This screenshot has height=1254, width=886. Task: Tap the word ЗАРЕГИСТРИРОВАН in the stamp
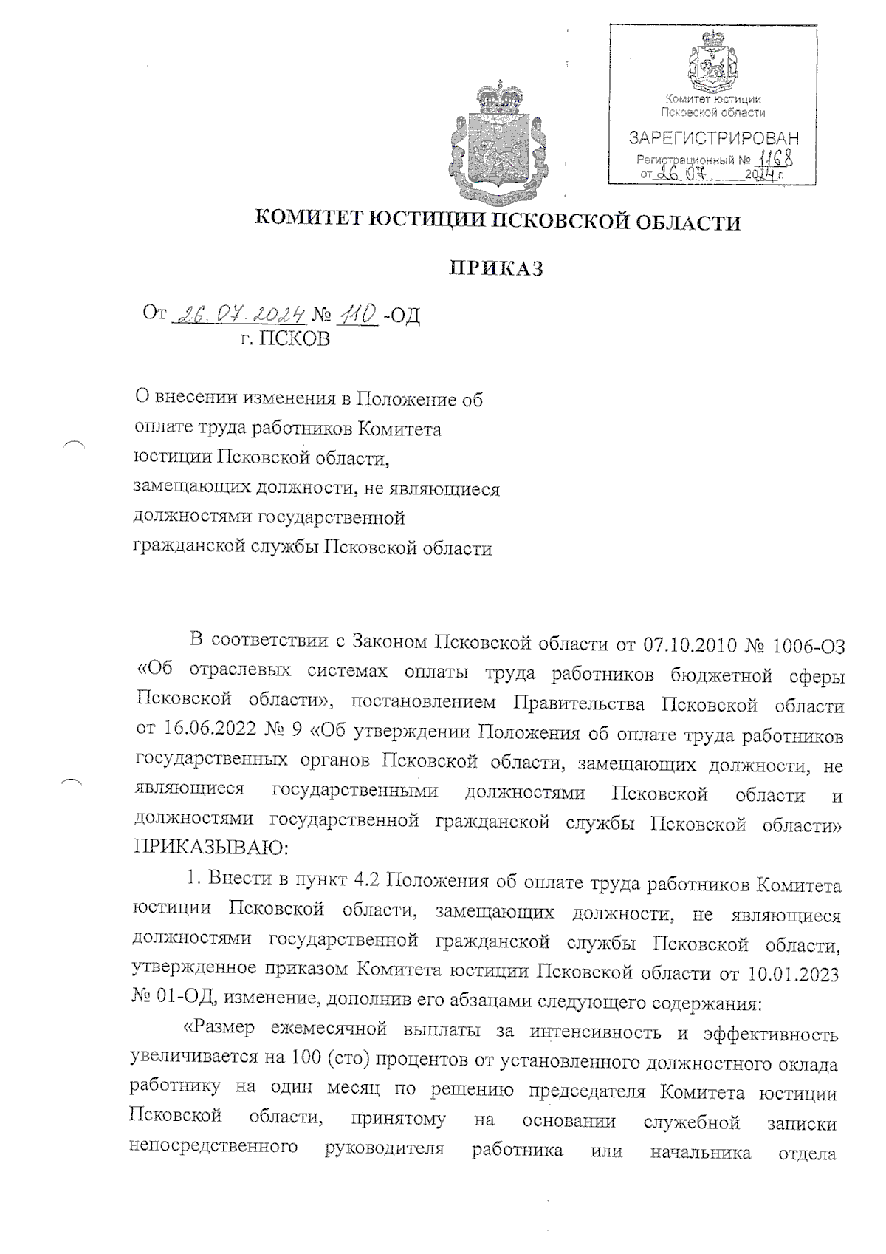[713, 138]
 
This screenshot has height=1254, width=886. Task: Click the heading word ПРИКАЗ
[497, 269]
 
